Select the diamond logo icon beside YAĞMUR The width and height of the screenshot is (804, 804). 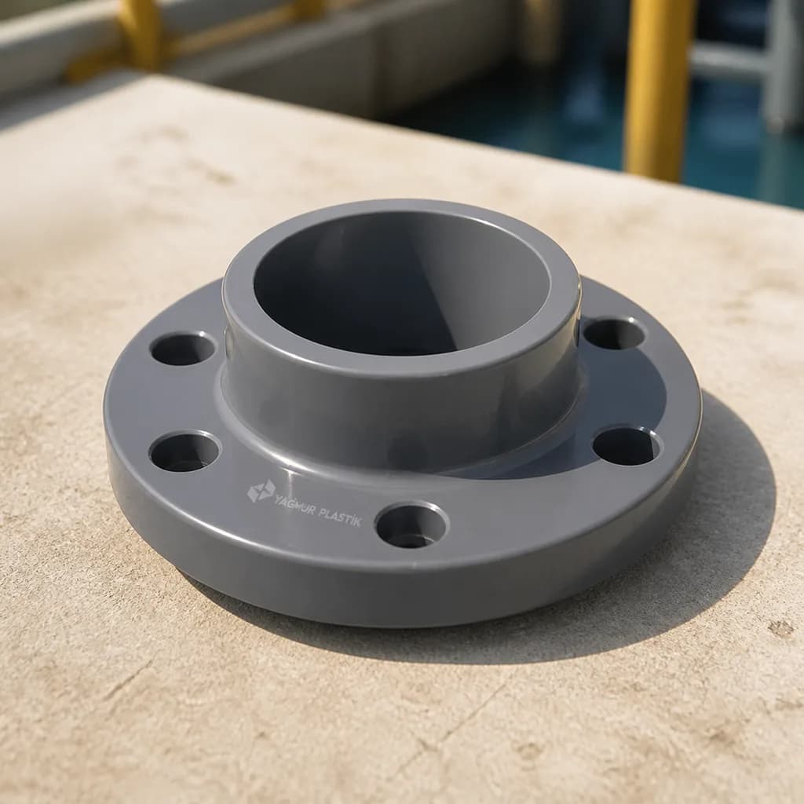[260, 492]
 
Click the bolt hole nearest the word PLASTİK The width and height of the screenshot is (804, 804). [412, 525]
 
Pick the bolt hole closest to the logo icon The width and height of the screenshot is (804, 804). [185, 453]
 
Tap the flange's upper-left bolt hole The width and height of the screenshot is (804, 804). [182, 349]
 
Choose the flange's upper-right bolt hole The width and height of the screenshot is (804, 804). [614, 334]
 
